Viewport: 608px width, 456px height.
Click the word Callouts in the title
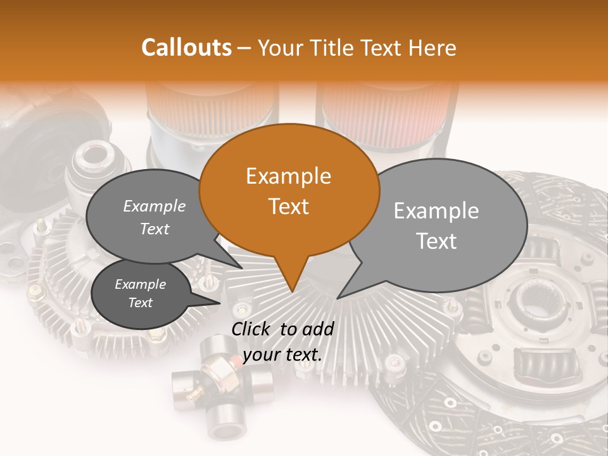click(x=186, y=47)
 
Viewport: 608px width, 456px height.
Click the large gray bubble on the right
click(x=443, y=225)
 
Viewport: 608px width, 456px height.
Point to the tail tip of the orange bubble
click(x=292, y=291)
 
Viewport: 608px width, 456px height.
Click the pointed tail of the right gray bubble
click(x=339, y=298)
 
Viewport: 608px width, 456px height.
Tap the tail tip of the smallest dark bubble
click(x=219, y=303)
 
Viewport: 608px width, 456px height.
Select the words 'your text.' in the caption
click(x=282, y=355)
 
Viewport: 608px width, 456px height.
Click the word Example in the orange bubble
click(x=289, y=176)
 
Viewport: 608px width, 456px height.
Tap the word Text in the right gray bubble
click(x=437, y=241)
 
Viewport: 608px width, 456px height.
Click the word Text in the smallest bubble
click(x=141, y=303)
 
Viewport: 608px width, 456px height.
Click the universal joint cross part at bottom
click(x=222, y=386)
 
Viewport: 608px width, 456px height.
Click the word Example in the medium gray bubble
click(x=155, y=206)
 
